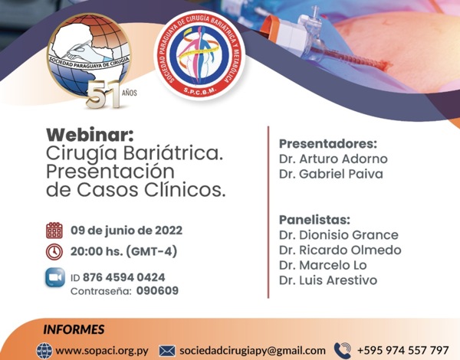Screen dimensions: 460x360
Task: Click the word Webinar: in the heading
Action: (90, 135)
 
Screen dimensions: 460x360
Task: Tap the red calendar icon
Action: (54, 230)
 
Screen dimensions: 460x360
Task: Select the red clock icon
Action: (54, 251)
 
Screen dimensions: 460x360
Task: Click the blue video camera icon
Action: (55, 277)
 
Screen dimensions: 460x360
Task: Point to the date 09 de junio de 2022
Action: (127, 231)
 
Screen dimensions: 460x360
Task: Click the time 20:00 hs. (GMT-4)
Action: (123, 251)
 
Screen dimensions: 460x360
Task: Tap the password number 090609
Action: (157, 291)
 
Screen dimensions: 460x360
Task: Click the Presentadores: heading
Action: (327, 144)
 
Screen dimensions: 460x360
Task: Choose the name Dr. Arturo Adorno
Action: (333, 159)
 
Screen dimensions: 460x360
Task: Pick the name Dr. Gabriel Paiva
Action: (331, 174)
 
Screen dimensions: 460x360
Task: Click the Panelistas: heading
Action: (314, 220)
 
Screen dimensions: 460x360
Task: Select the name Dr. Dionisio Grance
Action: (339, 235)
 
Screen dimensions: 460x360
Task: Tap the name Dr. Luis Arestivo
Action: (328, 280)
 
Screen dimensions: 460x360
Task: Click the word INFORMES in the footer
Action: (74, 329)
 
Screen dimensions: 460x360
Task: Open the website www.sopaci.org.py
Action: (102, 351)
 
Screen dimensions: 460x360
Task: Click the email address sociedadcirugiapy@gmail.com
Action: (252, 351)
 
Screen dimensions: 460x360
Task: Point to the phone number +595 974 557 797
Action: (402, 350)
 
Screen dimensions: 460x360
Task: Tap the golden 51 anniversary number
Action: (103, 94)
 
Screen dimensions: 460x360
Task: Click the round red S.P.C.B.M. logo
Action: (199, 55)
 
